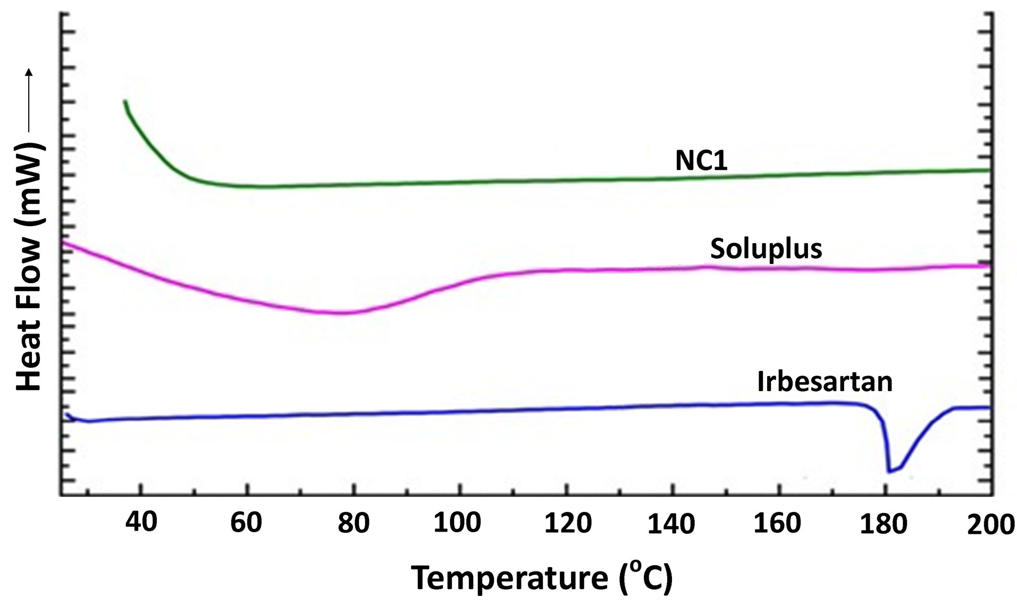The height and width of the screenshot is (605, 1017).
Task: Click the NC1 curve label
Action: click(701, 161)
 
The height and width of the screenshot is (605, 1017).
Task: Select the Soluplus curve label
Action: click(766, 248)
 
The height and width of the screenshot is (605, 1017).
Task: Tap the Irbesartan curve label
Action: click(825, 382)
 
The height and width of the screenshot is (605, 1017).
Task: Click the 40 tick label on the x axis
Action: click(141, 523)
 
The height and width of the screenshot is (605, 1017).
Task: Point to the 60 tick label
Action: click(246, 524)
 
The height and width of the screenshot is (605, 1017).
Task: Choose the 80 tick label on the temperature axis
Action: click(353, 524)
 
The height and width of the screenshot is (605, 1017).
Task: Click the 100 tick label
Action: click(457, 524)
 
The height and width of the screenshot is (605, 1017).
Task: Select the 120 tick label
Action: click(567, 524)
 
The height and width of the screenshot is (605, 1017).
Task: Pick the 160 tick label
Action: click(777, 524)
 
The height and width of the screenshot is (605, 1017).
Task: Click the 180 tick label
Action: click(884, 524)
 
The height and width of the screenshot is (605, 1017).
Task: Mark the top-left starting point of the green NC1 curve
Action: click(125, 101)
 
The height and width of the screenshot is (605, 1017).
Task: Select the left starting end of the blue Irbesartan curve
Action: click(67, 415)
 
